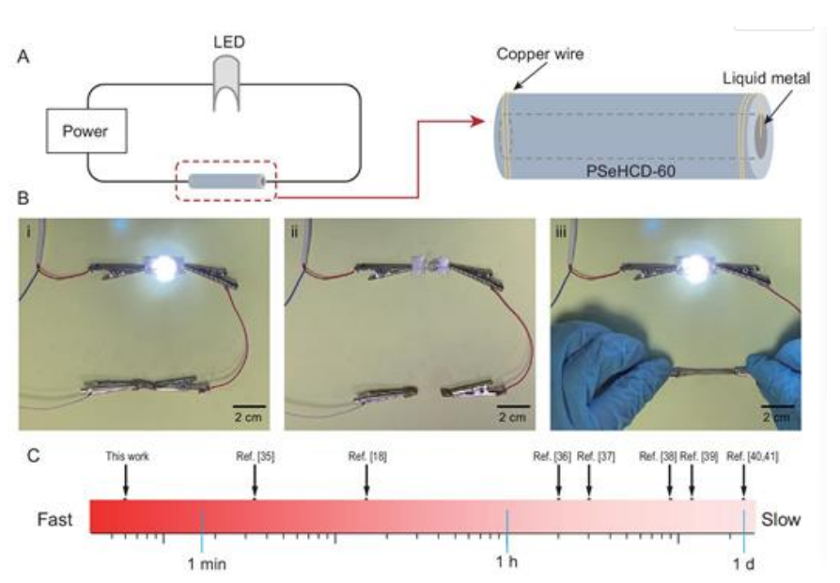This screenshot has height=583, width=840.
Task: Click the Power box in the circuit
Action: (x=86, y=132)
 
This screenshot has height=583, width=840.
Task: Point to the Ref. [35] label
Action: (x=255, y=457)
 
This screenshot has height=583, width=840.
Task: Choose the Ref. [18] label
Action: (x=366, y=457)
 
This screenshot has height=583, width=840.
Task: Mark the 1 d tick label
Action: (x=744, y=563)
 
